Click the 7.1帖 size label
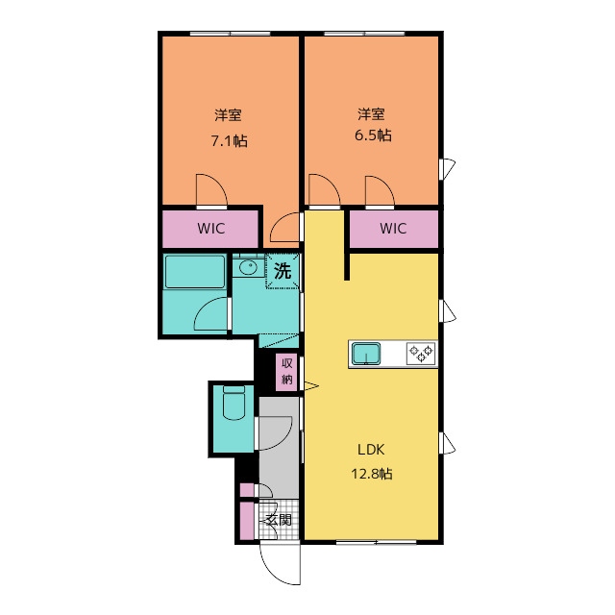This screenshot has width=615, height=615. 230,140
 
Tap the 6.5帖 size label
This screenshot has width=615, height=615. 373,135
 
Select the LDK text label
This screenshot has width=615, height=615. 371,450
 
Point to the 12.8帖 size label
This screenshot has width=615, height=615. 372,474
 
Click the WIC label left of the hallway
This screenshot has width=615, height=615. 211,229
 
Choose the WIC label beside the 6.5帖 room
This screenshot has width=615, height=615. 393,229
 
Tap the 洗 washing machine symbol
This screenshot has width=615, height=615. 283,271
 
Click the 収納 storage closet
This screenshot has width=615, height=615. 286,372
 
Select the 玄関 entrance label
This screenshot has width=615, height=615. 279,520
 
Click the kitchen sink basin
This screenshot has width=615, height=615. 366,353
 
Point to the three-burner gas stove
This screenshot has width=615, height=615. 421,353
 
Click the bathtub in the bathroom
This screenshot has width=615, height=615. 195,272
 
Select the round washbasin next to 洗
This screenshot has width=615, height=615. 248,267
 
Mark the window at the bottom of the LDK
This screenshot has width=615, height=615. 376,542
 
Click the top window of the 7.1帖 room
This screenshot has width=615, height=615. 230,34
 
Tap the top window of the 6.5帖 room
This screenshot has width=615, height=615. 364,34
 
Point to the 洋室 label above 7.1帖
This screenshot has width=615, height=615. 228,115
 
